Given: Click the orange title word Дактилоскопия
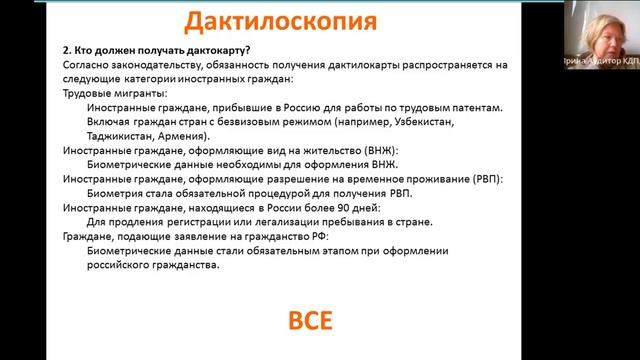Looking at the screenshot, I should pos(259,21).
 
